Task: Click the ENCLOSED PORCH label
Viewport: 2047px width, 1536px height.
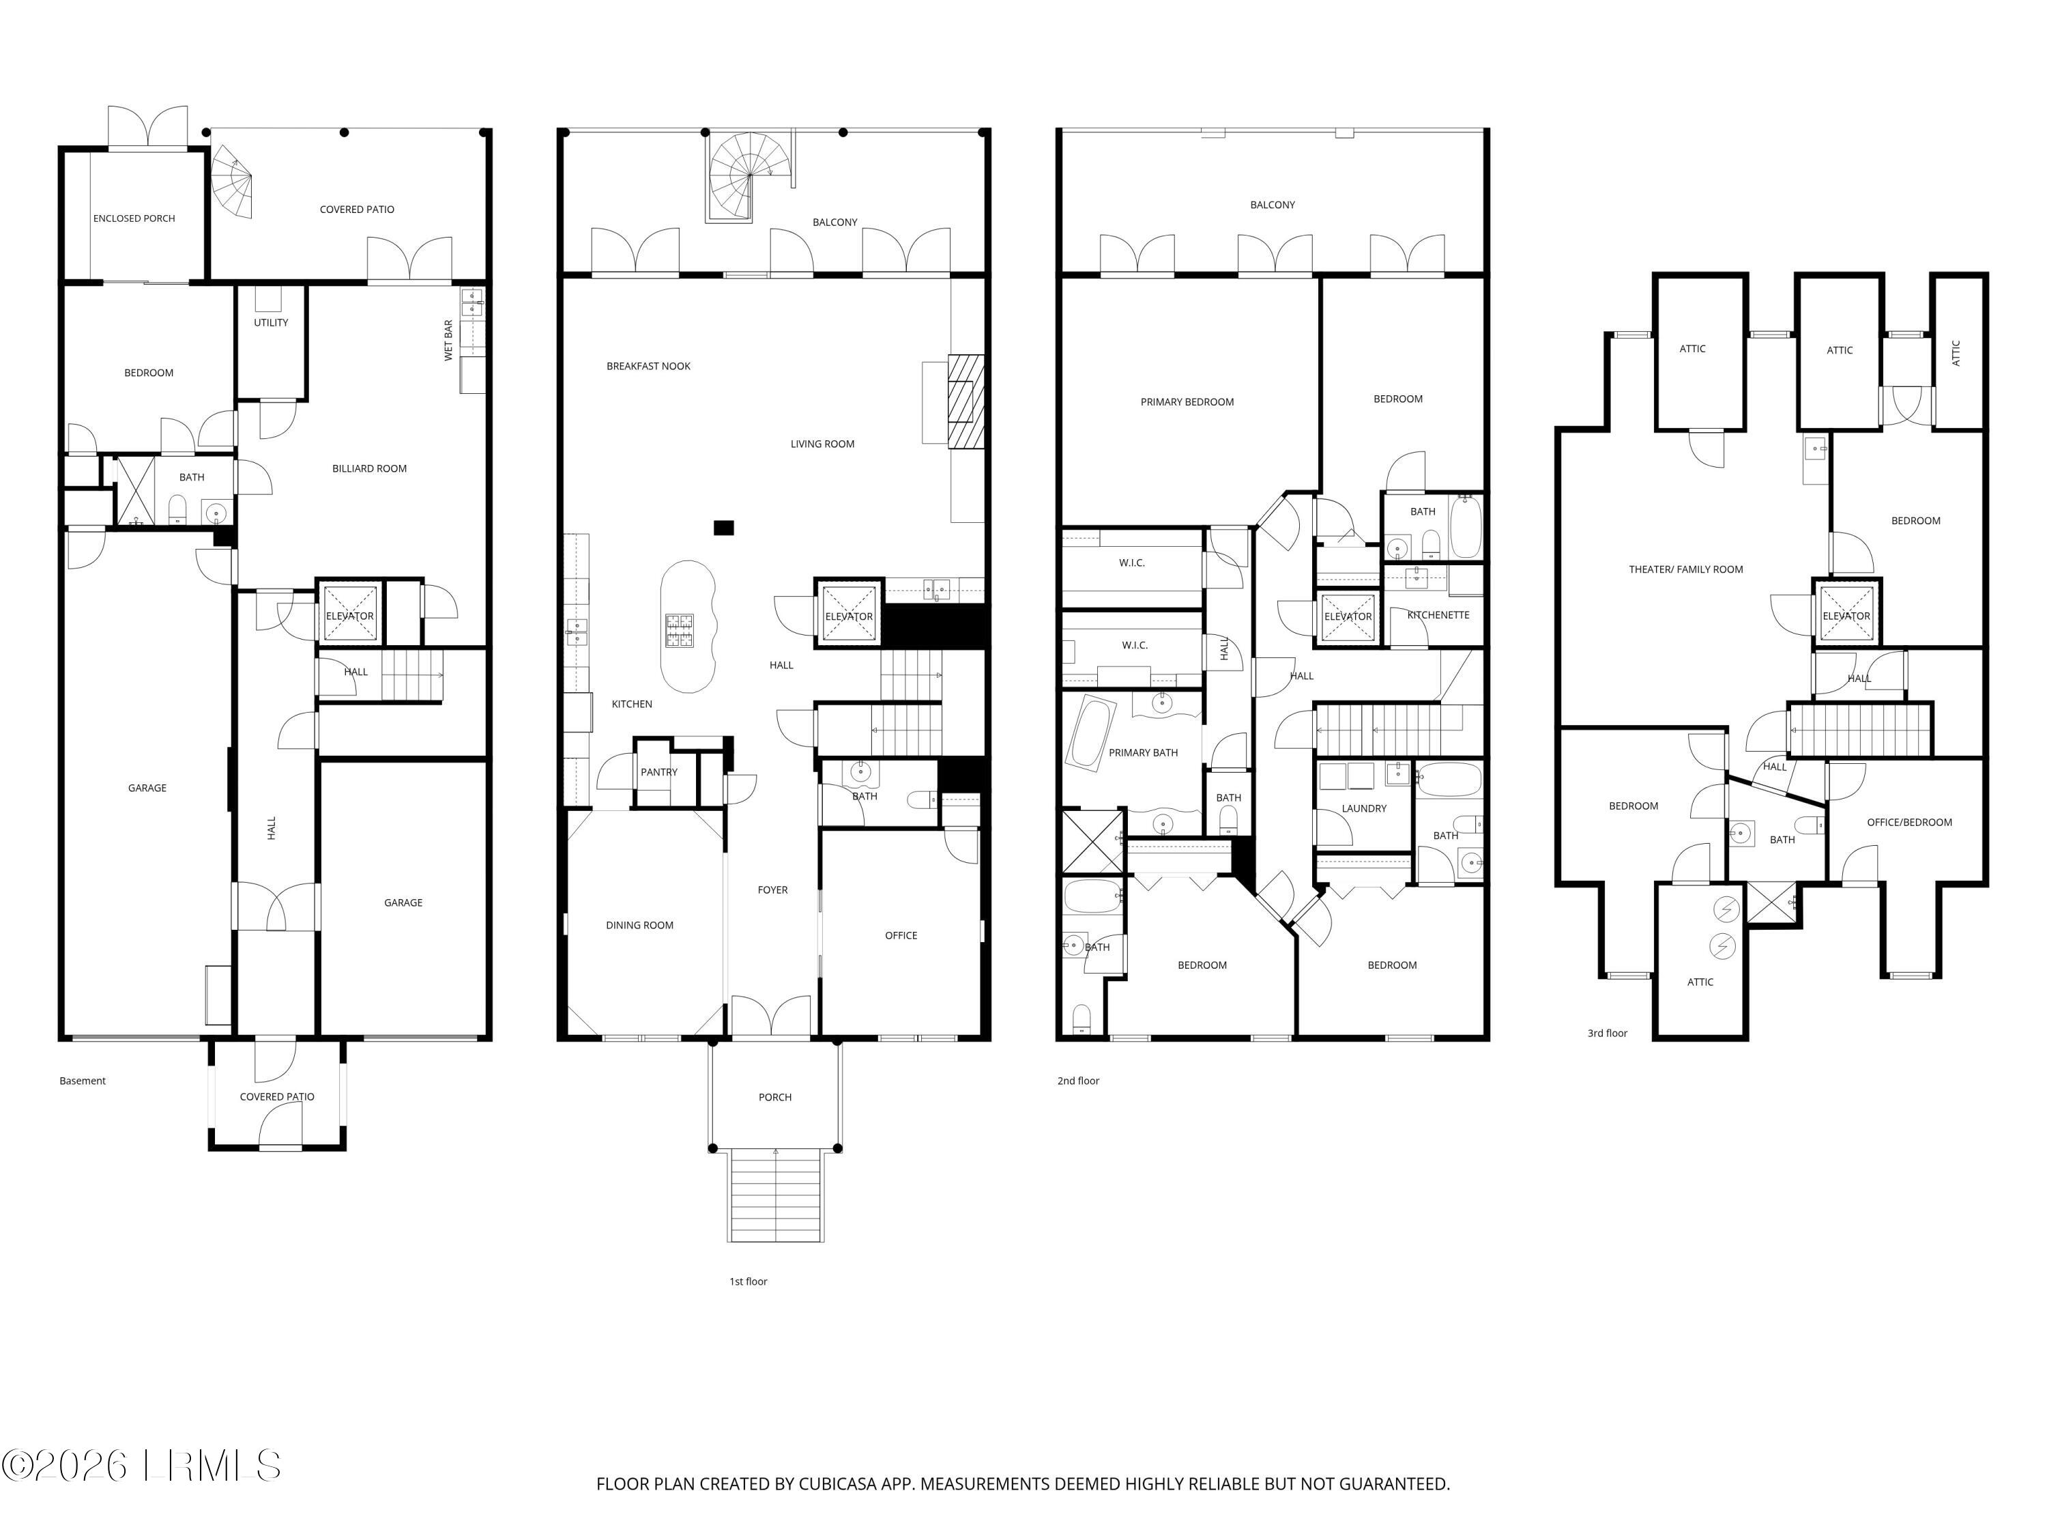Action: point(134,218)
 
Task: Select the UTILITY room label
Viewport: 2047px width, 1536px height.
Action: point(271,323)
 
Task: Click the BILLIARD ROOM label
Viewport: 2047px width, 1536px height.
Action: point(369,468)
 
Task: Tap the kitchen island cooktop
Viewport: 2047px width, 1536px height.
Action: point(679,631)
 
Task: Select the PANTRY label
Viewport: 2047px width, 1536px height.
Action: point(659,772)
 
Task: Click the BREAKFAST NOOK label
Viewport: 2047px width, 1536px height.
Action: point(649,367)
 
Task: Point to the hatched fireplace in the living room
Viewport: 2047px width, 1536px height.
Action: point(967,402)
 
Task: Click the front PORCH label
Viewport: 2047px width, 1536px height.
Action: point(774,1097)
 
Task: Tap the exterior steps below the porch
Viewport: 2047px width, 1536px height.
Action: point(776,1195)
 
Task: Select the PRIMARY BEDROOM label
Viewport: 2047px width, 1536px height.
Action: point(1187,402)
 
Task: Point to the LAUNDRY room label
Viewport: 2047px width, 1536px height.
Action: point(1363,808)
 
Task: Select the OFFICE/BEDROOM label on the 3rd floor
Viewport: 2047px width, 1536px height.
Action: point(1908,822)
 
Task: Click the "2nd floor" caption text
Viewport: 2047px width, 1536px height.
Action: point(1078,1081)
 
